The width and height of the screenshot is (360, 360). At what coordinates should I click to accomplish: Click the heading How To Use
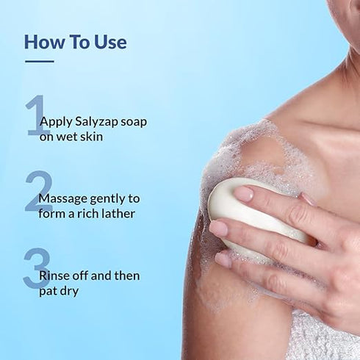click(x=75, y=41)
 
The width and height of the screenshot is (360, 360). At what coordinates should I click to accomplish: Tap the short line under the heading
click(x=39, y=62)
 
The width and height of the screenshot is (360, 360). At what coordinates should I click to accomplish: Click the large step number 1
click(x=36, y=115)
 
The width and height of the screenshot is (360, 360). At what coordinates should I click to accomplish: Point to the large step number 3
click(x=36, y=269)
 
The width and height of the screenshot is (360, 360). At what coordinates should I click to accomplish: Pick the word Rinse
click(x=56, y=276)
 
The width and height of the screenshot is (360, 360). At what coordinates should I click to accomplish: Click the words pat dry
click(x=65, y=291)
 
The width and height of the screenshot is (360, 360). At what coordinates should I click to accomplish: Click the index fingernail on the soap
click(x=243, y=194)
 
